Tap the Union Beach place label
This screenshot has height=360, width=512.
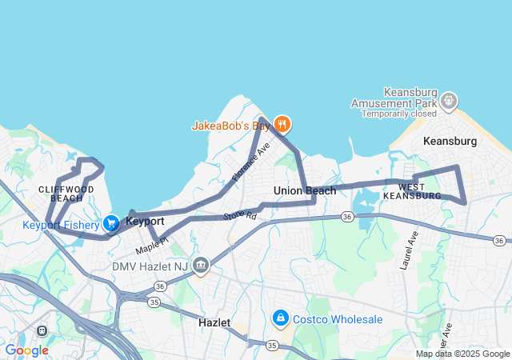(305, 190)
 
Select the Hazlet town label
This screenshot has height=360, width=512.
(214, 322)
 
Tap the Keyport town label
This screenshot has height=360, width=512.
(146, 220)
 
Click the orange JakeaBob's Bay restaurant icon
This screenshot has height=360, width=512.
(282, 124)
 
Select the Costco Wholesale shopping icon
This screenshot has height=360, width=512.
(281, 319)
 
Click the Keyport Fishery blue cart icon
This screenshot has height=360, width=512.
(111, 223)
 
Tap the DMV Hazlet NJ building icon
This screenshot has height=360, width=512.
(200, 265)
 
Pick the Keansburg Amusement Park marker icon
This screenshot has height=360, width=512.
(450, 102)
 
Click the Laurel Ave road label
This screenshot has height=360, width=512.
(411, 250)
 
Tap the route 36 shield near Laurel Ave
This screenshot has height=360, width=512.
(346, 217)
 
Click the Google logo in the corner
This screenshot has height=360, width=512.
(26, 350)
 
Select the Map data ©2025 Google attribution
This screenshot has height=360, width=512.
(462, 354)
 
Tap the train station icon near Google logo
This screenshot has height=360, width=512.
(42, 330)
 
